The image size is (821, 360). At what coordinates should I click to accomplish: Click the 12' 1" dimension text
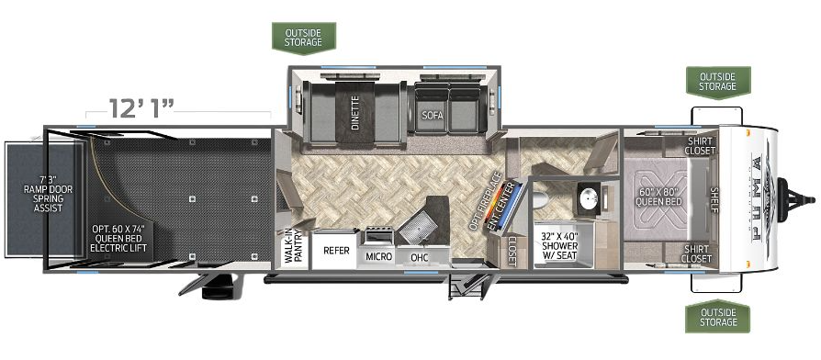[142, 109]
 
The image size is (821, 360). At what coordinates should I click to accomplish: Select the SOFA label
[433, 116]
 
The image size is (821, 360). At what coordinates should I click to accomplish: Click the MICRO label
[380, 256]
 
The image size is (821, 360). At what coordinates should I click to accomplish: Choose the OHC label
[420, 256]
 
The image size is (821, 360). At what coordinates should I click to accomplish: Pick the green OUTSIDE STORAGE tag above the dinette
[304, 36]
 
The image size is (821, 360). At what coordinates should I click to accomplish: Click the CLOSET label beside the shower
[512, 247]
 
